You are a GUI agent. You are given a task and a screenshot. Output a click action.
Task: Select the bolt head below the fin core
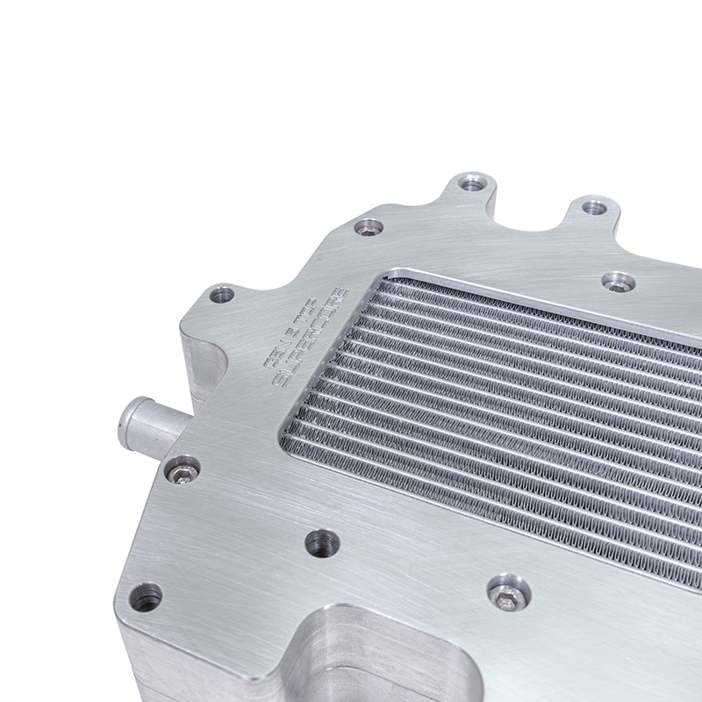point(508,592)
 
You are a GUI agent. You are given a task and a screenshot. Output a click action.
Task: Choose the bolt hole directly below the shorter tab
point(619,283)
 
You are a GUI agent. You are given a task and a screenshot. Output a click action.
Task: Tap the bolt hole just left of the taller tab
point(369,227)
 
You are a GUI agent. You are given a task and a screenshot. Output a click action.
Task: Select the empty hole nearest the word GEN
point(222,295)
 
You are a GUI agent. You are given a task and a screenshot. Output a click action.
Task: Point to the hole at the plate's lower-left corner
point(146,597)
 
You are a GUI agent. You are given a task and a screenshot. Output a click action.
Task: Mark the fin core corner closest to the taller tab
point(390,271)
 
